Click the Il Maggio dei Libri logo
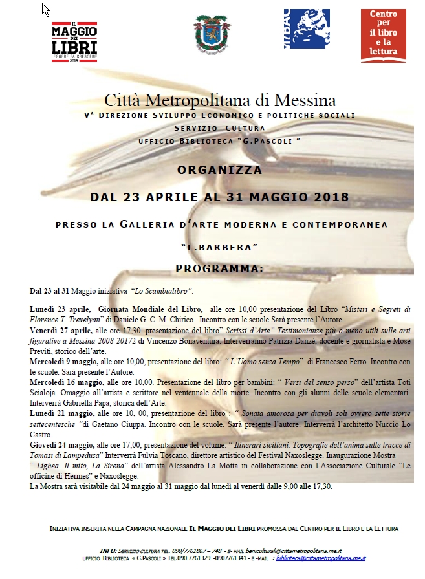[74, 41]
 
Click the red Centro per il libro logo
[383, 36]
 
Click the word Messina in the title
[305, 101]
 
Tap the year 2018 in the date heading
[327, 197]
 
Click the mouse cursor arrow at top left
[45, 9]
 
